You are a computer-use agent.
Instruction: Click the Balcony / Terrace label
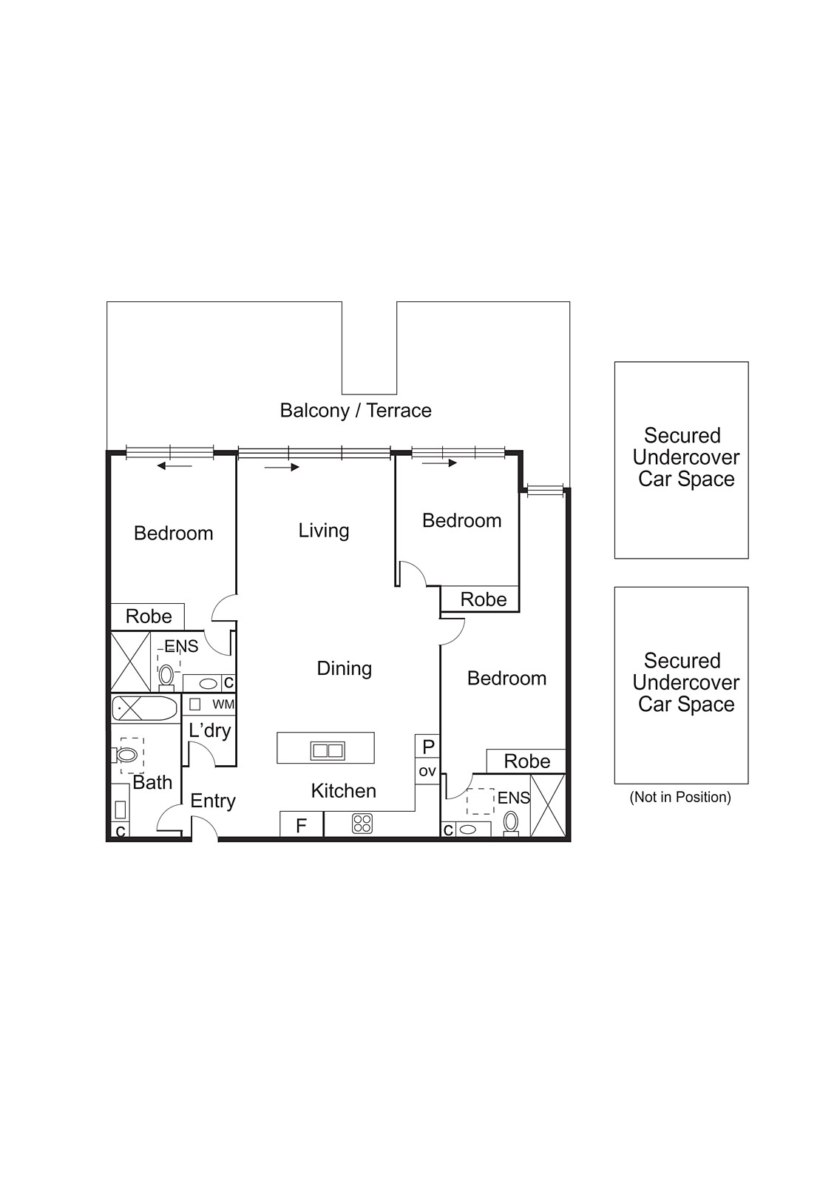tap(356, 411)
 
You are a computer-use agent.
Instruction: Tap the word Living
tap(324, 531)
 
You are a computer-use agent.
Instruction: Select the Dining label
tap(344, 668)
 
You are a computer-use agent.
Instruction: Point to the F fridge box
tap(301, 825)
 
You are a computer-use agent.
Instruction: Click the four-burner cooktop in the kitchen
tap(362, 824)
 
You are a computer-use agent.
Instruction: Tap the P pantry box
tap(427, 747)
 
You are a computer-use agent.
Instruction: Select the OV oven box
tap(427, 771)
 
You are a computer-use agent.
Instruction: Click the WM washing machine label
tap(223, 704)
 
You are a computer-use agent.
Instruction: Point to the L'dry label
tap(210, 730)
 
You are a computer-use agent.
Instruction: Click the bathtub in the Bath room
tap(145, 708)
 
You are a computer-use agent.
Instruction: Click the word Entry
tap(213, 801)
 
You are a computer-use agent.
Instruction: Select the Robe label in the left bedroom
tap(149, 616)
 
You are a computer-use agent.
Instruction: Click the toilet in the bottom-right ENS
tap(510, 822)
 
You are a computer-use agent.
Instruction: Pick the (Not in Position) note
tap(680, 797)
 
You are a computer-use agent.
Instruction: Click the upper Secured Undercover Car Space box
tap(681, 460)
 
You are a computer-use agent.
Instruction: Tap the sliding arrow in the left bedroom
tap(174, 465)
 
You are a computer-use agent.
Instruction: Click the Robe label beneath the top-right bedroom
tap(484, 599)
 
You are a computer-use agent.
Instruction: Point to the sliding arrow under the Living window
tap(282, 467)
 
